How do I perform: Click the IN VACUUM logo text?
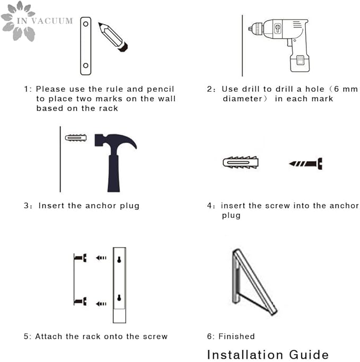[x=45, y=21]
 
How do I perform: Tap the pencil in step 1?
[x=113, y=37]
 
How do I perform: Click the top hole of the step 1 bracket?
[x=86, y=24]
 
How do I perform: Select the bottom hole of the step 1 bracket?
[x=86, y=65]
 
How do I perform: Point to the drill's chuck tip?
[x=250, y=29]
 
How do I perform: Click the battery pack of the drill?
[x=300, y=63]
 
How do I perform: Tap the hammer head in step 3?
[x=116, y=142]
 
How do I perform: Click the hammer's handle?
[x=113, y=174]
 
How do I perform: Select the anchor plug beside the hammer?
[x=76, y=138]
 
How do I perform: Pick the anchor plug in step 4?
[x=240, y=162]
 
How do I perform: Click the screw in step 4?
[x=305, y=164]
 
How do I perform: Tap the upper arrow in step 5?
[x=101, y=258]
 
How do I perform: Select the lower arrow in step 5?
[x=101, y=304]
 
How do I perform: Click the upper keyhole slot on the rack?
[x=119, y=260]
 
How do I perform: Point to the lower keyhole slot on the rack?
[x=119, y=298]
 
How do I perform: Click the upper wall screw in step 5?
[x=81, y=258]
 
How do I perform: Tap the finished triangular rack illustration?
[x=254, y=281]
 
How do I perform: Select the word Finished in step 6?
[x=236, y=337]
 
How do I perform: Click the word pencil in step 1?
[x=160, y=90]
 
